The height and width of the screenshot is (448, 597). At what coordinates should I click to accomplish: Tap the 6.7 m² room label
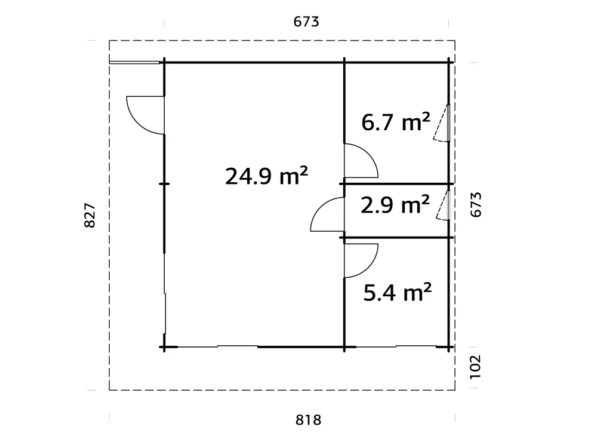[395, 122]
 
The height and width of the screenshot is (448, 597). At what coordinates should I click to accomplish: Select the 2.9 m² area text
[395, 205]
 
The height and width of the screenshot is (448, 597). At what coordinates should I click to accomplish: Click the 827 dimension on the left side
[90, 215]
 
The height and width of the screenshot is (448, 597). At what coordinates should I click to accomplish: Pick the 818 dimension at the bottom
[308, 420]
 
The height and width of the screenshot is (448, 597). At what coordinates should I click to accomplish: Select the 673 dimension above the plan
[307, 22]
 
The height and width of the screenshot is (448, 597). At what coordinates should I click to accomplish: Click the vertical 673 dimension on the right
[475, 205]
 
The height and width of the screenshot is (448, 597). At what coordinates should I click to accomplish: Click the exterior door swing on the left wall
[144, 115]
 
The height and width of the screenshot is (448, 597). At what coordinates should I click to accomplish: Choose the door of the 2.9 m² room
[328, 215]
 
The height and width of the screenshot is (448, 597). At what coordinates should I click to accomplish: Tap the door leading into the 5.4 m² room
[361, 260]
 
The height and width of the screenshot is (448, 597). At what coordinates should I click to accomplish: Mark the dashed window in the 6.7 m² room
[442, 123]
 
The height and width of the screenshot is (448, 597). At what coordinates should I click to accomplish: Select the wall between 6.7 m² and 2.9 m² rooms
[397, 183]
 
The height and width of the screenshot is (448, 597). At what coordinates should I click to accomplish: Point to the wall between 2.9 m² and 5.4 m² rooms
[397, 238]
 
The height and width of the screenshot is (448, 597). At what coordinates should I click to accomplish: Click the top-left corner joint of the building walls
[164, 62]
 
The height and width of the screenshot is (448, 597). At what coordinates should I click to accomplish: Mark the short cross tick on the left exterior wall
[164, 183]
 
